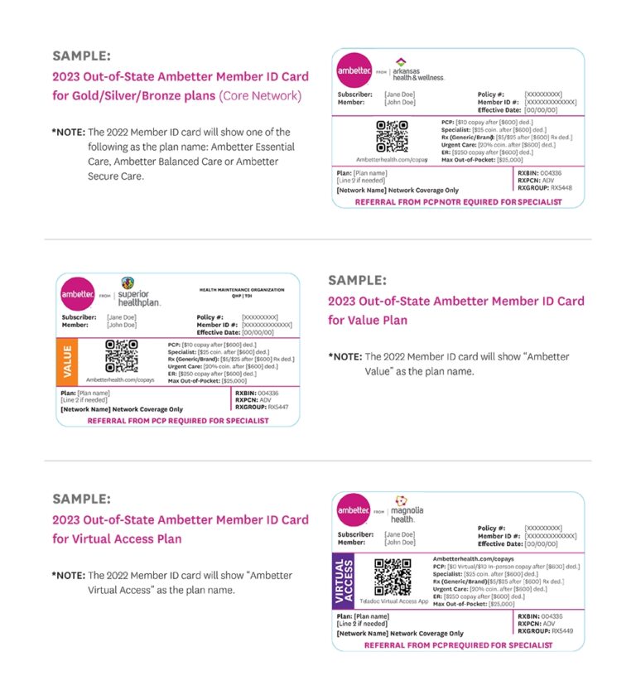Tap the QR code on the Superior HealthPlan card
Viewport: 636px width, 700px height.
121,356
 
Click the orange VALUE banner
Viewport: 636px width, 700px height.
66,361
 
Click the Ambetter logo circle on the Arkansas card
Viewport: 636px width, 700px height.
354,71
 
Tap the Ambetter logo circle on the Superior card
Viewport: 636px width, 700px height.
77,294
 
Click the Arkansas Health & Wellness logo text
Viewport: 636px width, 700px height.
418,73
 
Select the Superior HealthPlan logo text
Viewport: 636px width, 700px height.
138,298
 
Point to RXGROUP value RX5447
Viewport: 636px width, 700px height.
278,408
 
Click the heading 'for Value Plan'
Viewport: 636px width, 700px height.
368,320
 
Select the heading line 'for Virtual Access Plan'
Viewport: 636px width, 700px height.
117,538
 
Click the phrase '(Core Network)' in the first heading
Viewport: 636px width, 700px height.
260,96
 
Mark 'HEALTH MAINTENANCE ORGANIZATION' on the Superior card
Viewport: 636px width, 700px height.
242,290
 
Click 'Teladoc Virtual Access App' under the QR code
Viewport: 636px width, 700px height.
393,601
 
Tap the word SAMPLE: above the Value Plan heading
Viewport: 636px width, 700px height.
357,280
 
